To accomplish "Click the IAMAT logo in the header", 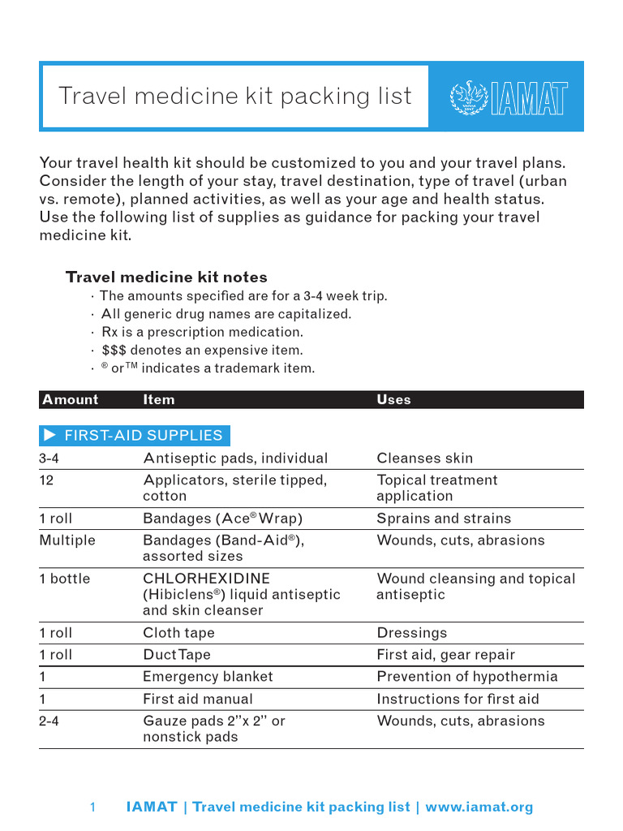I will coord(508,97).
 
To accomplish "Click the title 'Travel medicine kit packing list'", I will coord(235,96).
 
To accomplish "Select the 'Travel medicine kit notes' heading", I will coord(166,277).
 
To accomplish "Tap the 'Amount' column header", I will coord(70,399).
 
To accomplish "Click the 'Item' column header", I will coord(158,399).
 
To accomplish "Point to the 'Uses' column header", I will coord(393,399).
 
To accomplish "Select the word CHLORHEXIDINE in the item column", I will coord(206,579).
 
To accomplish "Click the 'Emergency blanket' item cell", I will coord(208,676).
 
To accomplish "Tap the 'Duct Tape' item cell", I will coord(178,655).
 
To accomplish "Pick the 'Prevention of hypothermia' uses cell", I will coord(467,676).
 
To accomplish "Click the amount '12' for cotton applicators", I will coord(46,480).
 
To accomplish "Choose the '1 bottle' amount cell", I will coord(65,579).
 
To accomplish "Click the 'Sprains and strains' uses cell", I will coord(444,519).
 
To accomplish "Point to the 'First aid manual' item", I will coord(198,699).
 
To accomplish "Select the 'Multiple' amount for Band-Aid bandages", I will coord(67,540).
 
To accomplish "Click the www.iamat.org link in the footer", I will coord(479,807).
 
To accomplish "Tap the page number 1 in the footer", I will coord(92,807).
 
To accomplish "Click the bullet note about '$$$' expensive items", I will coord(202,351).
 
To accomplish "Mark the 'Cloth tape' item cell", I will coord(178,633).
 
